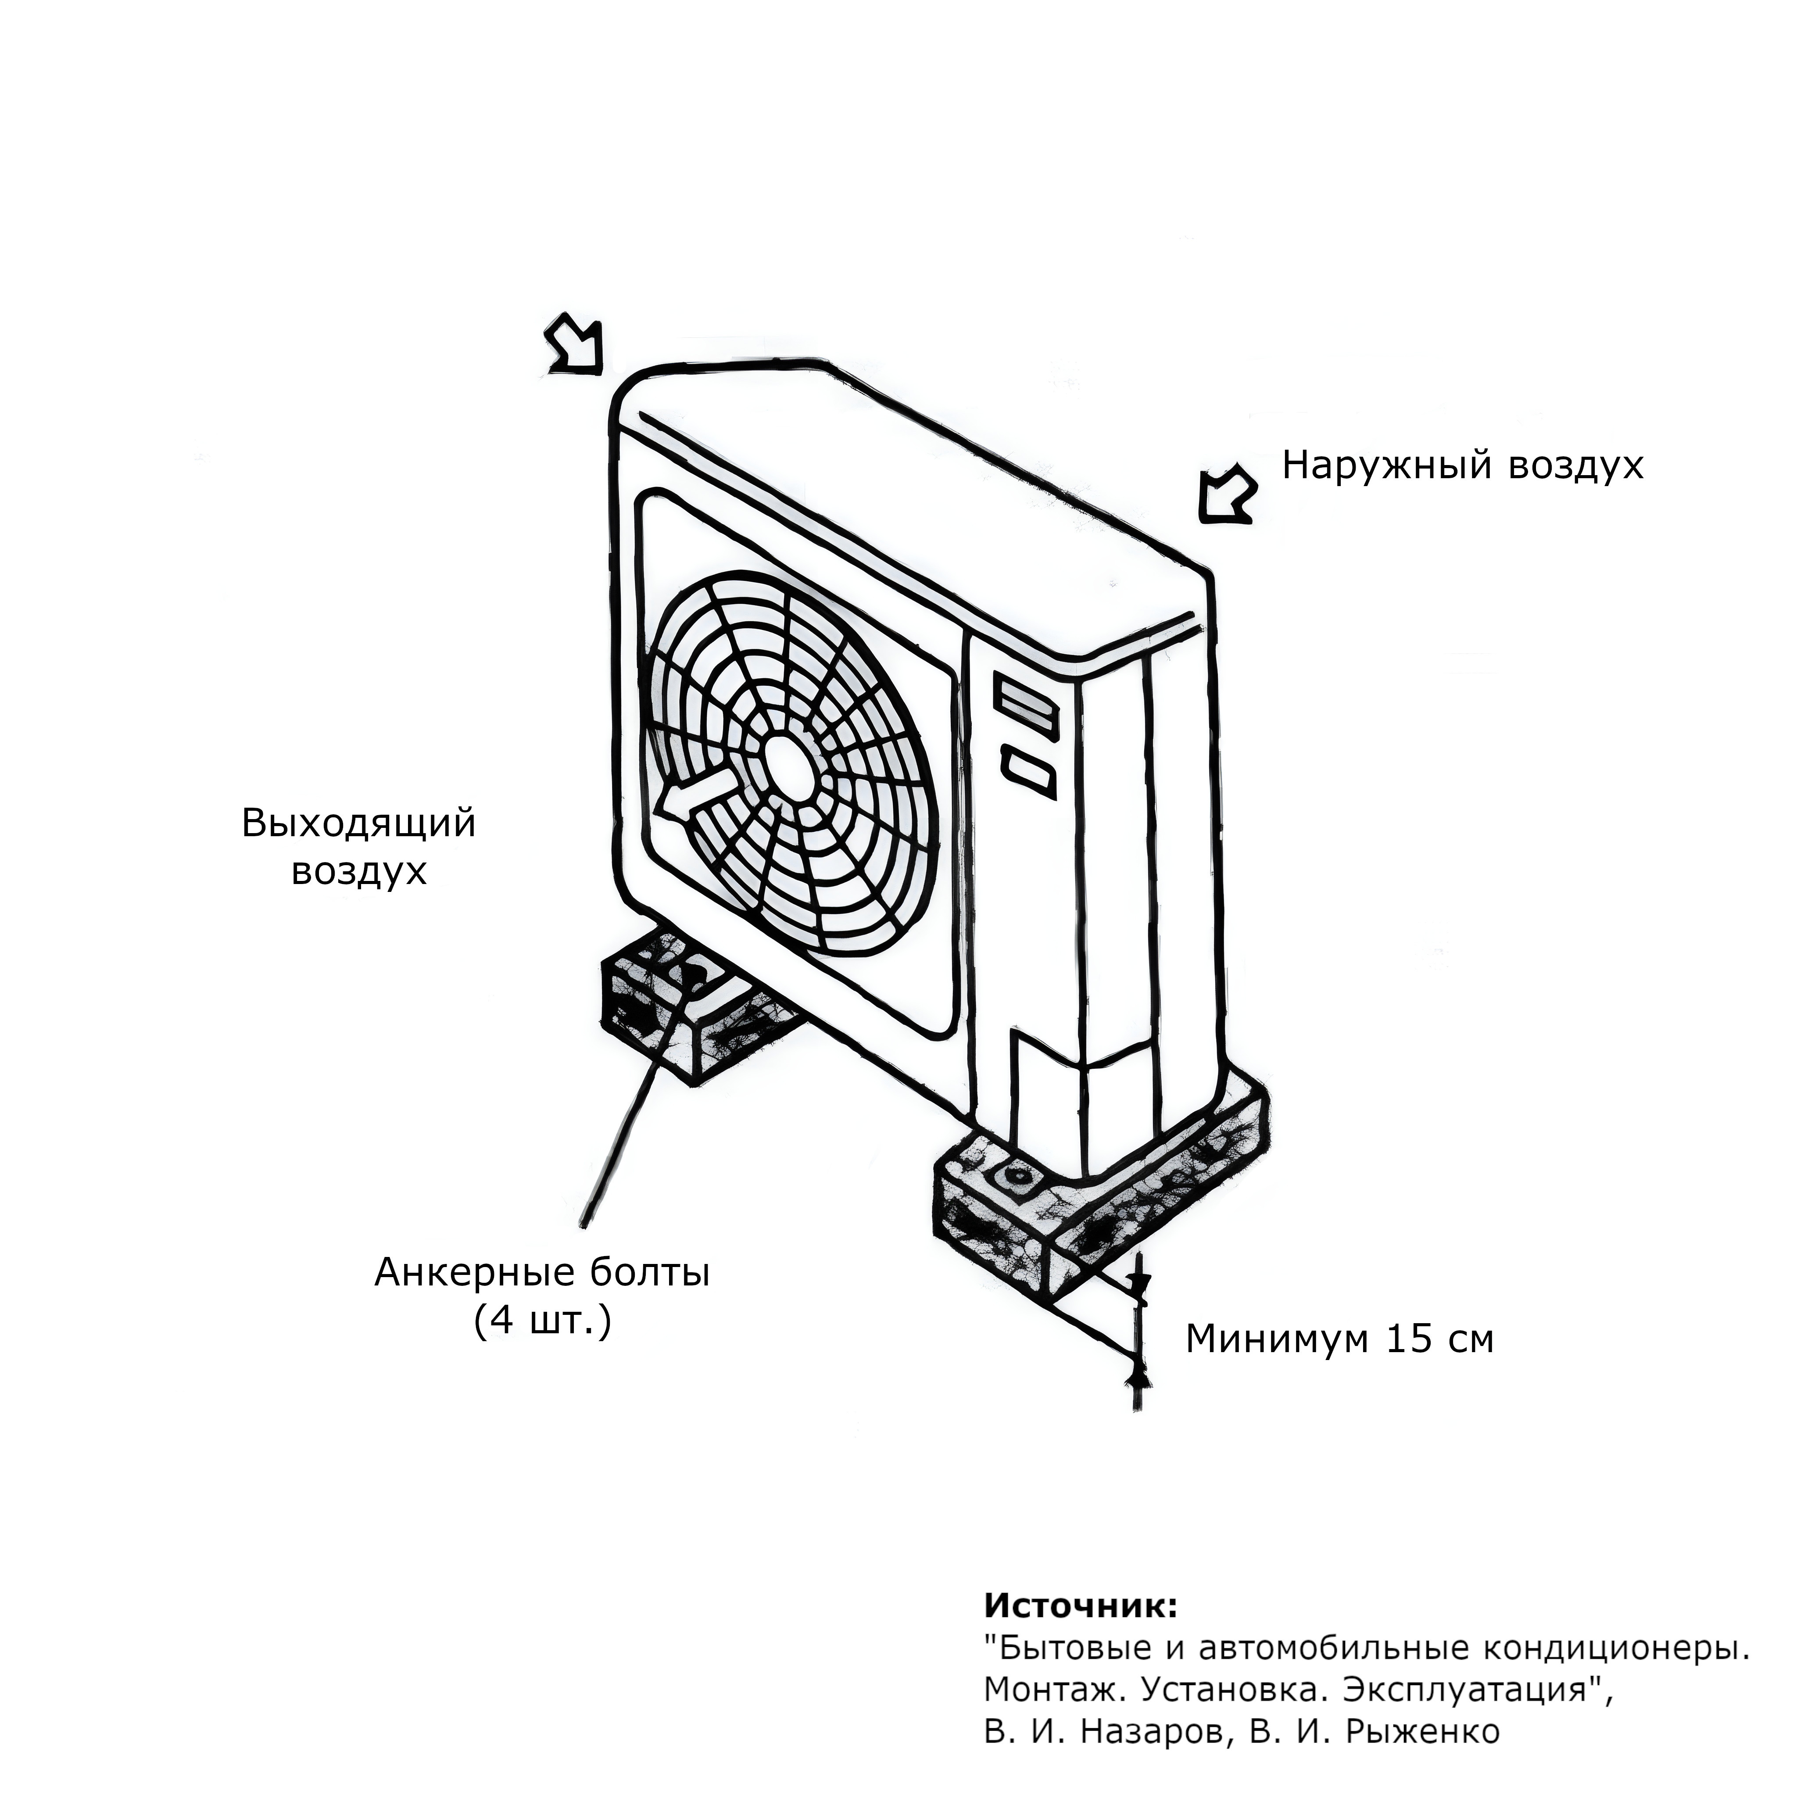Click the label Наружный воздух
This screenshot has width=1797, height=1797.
(x=1462, y=465)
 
